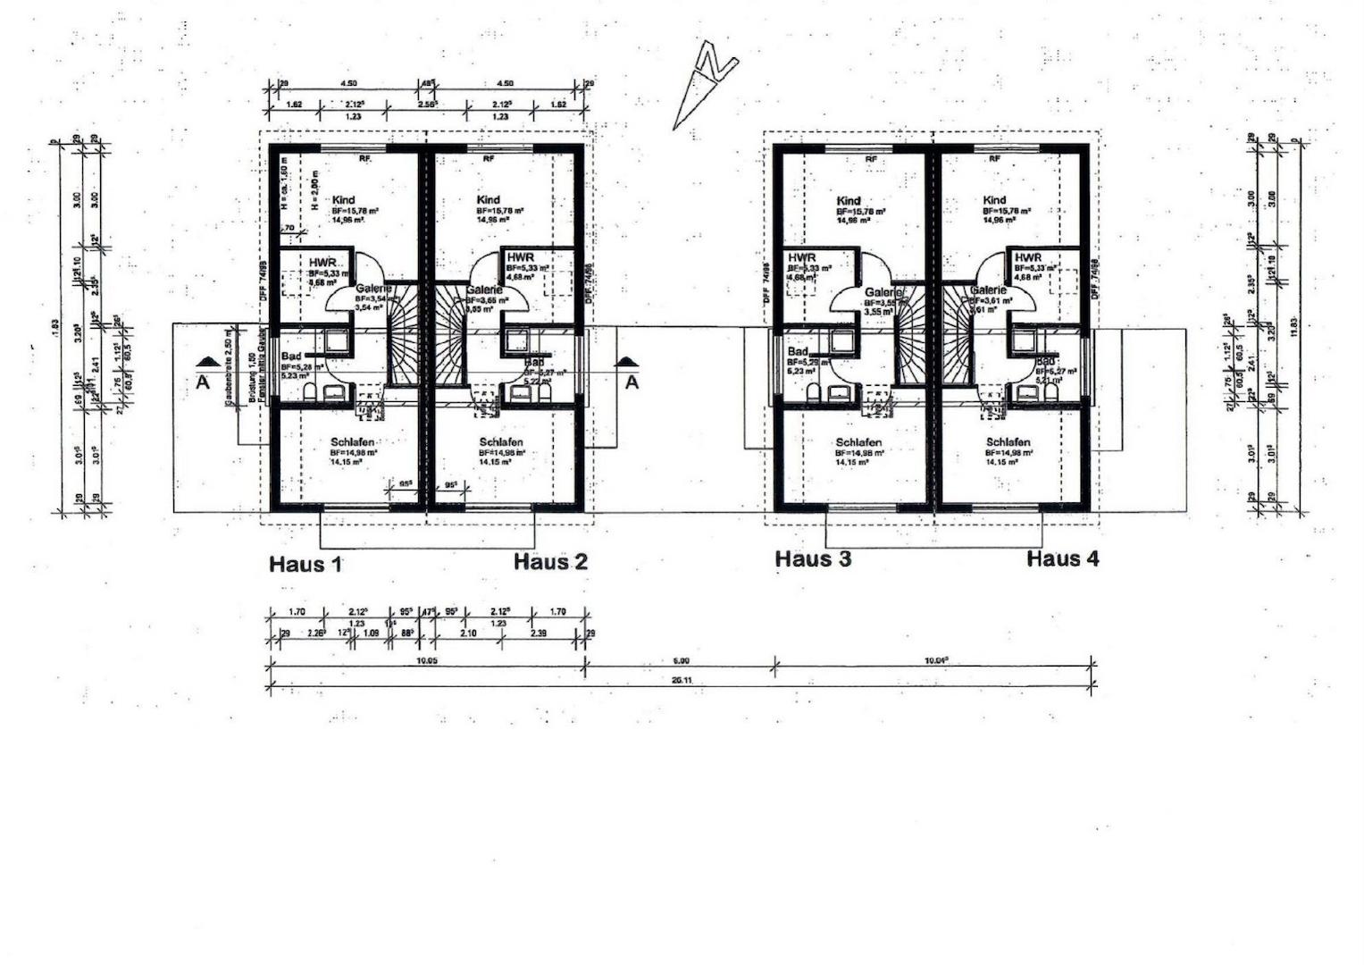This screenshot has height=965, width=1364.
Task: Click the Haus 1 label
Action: click(x=305, y=564)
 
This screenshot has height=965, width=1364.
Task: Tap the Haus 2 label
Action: click(x=550, y=562)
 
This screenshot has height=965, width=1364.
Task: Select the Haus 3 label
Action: click(x=813, y=559)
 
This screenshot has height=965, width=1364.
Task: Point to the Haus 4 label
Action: click(x=1063, y=559)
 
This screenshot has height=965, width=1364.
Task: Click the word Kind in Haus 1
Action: click(x=343, y=200)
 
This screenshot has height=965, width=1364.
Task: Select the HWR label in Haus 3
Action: click(x=802, y=258)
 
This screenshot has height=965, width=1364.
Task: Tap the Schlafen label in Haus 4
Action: click(x=1008, y=442)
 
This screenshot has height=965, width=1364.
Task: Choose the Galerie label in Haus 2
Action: click(x=483, y=290)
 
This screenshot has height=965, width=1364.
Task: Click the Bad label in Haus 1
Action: click(x=291, y=357)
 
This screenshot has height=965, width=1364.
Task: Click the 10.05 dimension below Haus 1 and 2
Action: click(x=427, y=660)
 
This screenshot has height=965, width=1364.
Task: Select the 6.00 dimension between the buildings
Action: click(x=681, y=660)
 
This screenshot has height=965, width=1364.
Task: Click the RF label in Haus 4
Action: click(x=994, y=159)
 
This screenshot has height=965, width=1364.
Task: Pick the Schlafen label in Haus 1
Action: click(x=352, y=442)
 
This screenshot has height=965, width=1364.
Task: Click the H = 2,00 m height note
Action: click(x=315, y=189)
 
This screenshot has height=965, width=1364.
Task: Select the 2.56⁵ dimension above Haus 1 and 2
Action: click(x=426, y=105)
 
